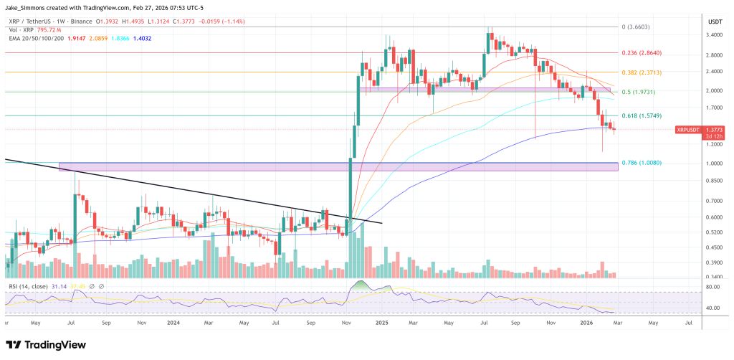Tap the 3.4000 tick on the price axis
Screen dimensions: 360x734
click(715, 34)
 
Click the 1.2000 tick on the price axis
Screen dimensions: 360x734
click(715, 144)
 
